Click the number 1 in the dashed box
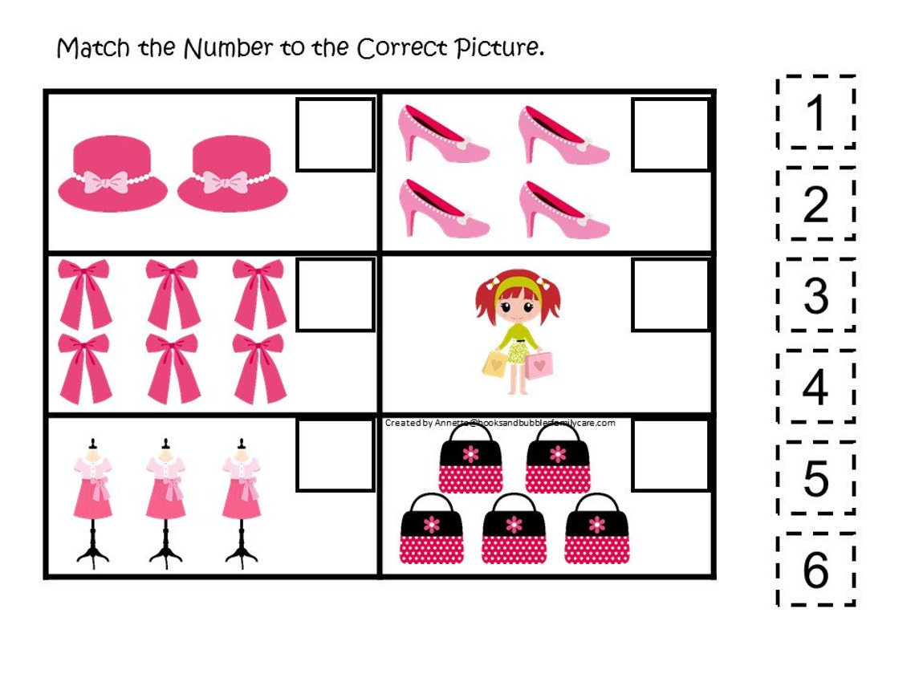click(815, 113)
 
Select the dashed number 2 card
click(815, 205)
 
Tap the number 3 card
click(815, 295)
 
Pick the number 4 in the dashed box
click(815, 387)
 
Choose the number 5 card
click(815, 478)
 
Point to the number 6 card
click(815, 570)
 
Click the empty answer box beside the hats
click(335, 134)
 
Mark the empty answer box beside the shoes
click(670, 134)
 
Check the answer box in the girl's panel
click(670, 294)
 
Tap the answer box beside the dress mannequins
click(335, 454)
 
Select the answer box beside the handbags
click(670, 454)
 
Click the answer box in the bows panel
click(335, 294)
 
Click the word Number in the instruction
click(228, 48)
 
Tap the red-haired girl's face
click(516, 306)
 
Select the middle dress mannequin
click(166, 501)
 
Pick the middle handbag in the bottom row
click(514, 528)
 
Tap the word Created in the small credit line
click(402, 423)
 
